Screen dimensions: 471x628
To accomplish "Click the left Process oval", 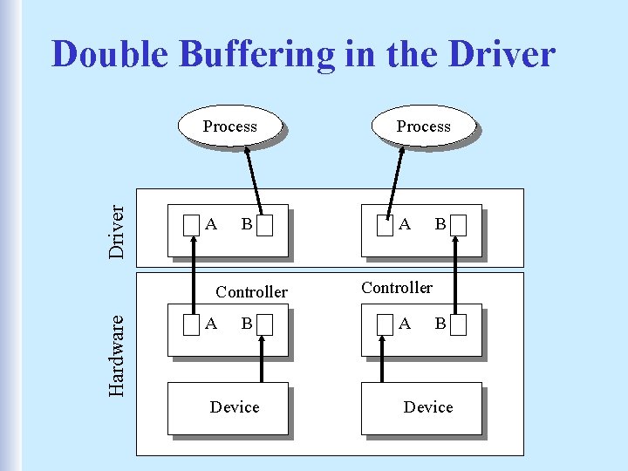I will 229,126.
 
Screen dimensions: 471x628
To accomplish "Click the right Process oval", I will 423,126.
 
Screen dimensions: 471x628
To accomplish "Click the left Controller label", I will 251,291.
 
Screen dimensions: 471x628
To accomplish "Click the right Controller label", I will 397,287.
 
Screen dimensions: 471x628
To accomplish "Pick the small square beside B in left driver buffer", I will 266,226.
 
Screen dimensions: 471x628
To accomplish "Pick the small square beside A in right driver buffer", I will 385,226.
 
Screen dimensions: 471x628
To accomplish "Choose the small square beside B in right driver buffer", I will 459,226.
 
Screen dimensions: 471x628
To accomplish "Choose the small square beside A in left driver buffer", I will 191,226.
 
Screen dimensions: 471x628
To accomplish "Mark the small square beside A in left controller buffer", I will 191,324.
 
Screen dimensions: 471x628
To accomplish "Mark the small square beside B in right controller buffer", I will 459,324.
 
